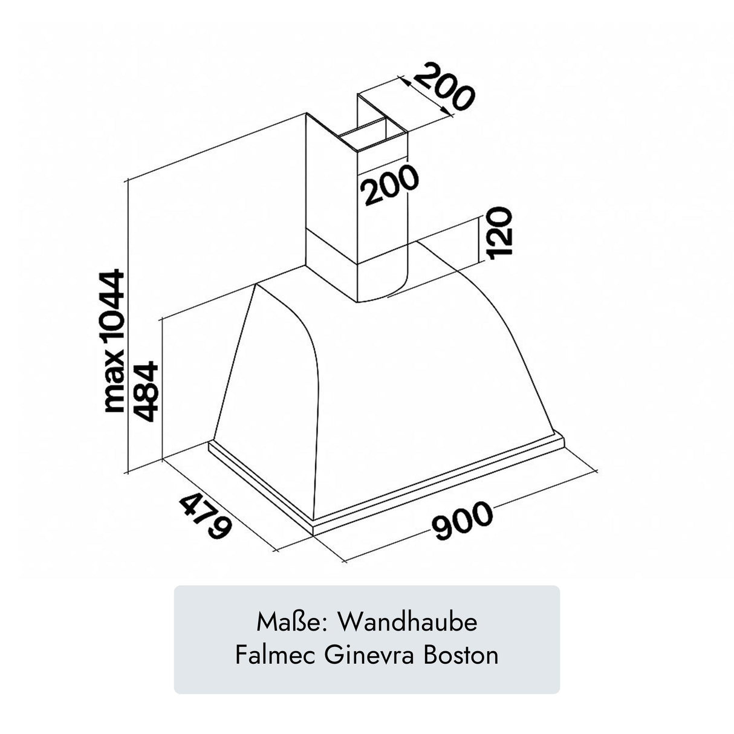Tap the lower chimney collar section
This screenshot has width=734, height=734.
point(357,266)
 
